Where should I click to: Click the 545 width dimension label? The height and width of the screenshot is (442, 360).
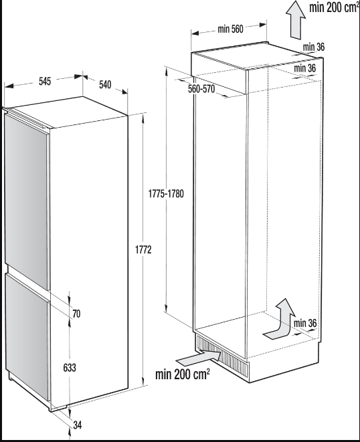click(x=45, y=82)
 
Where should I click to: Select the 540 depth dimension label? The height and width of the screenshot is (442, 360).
click(x=105, y=84)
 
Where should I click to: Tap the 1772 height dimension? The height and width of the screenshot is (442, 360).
click(x=143, y=249)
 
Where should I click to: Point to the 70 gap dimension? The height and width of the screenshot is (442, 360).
click(x=76, y=314)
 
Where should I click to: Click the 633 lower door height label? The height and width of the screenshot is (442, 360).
click(x=70, y=368)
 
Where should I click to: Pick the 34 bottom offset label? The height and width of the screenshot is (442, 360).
click(x=78, y=425)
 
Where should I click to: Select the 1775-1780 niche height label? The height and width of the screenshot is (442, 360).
click(x=166, y=194)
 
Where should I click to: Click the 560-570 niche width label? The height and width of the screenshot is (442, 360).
click(x=201, y=89)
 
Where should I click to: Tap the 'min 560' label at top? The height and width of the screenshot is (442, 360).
click(x=230, y=29)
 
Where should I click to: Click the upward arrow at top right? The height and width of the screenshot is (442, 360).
click(x=295, y=19)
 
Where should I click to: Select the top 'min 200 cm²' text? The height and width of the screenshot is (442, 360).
click(x=334, y=7)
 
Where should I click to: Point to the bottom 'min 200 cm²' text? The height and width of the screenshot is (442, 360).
click(x=183, y=374)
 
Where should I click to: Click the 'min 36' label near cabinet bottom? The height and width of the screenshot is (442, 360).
click(x=305, y=324)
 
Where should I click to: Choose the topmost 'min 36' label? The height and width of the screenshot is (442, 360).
click(x=314, y=47)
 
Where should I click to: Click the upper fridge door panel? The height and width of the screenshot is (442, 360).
click(x=27, y=200)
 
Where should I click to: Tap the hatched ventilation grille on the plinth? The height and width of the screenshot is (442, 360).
click(x=221, y=356)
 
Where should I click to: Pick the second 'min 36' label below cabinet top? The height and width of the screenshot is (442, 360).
click(x=304, y=68)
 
